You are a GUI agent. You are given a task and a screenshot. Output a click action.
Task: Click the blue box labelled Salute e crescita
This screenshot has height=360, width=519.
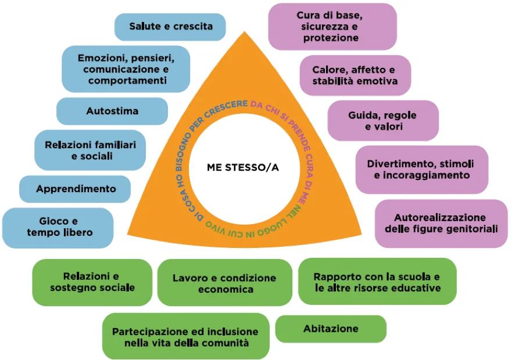tap(170, 26)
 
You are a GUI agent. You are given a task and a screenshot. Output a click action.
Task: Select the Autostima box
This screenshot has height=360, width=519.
tap(112, 110)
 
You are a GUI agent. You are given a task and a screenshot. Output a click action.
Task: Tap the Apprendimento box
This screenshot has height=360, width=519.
tap(76, 189)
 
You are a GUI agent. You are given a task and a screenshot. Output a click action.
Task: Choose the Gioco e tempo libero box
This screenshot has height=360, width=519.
tap(58, 227)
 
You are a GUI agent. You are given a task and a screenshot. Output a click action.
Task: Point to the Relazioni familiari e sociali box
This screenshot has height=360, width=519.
tap(90, 150)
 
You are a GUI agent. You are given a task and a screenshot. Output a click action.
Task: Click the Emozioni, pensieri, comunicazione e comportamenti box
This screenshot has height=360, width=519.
tap(126, 69)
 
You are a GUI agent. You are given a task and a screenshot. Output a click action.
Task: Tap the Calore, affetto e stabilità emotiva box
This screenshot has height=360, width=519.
tap(355, 75)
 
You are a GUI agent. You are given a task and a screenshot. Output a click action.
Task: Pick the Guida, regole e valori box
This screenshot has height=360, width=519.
tap(383, 120)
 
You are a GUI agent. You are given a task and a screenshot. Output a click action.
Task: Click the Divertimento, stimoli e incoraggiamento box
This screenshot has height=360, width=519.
tap(421, 169)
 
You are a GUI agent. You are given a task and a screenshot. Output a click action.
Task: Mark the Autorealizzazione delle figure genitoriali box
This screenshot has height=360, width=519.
tap(441, 223)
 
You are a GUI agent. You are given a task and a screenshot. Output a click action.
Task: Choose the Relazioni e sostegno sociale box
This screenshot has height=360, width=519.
tap(92, 282)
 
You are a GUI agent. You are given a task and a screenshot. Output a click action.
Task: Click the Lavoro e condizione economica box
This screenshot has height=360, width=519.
tap(224, 283)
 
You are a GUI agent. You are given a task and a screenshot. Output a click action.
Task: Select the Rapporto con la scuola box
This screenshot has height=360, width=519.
tap(377, 282)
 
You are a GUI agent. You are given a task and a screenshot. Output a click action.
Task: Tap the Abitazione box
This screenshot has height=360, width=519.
tap(331, 329)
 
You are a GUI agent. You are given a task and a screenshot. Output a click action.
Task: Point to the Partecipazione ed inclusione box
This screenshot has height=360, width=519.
tap(185, 337)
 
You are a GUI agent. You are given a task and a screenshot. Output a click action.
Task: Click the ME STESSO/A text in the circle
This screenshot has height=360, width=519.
tap(243, 168)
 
